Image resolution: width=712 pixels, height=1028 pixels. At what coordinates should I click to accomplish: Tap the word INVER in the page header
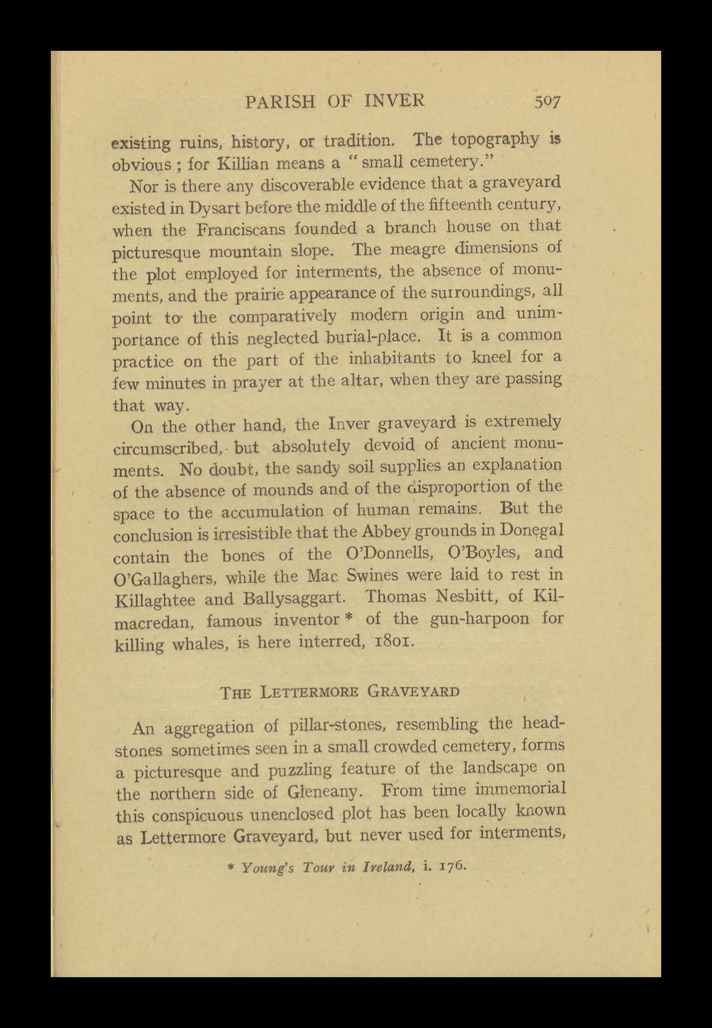click(x=394, y=102)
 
